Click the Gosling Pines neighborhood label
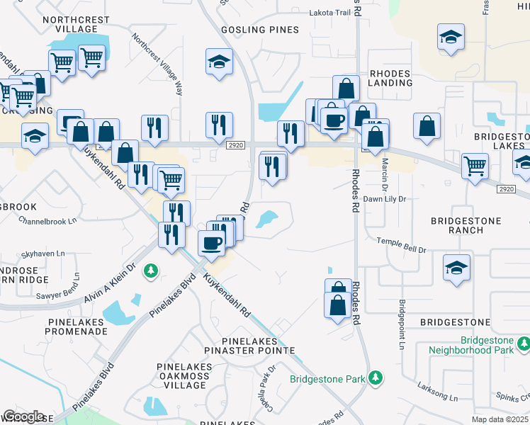[x=260, y=30]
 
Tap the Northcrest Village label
[x=69, y=25]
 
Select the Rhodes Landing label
[x=390, y=78]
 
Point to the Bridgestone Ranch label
[x=466, y=226]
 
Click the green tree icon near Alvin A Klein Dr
[x=150, y=271]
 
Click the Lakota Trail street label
[x=329, y=13]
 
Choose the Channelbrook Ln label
[x=47, y=221]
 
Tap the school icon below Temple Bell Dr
[x=457, y=267]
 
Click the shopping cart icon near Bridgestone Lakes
[x=475, y=165]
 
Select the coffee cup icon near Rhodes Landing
[x=334, y=118]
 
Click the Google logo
[x=23, y=416]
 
